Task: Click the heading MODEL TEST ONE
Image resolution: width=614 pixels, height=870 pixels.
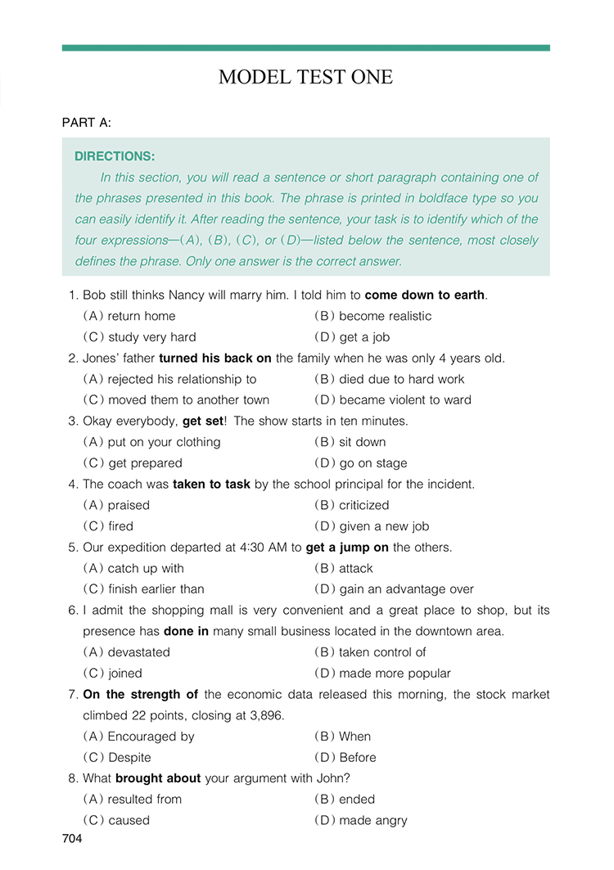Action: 305,78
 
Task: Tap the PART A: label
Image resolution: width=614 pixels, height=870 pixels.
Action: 86,123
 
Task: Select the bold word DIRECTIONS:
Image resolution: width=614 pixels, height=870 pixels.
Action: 115,156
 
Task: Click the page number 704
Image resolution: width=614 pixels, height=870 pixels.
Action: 72,839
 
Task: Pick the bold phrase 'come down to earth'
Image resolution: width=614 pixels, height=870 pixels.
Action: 425,295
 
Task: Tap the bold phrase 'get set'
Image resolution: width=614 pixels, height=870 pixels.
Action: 202,421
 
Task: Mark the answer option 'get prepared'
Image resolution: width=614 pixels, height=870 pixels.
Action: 145,463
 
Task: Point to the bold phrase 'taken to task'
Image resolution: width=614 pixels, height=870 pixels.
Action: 211,485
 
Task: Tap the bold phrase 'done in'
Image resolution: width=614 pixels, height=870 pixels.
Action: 187,631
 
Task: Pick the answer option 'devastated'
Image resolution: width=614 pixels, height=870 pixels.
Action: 138,652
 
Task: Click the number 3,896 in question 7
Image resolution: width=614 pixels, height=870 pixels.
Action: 264,715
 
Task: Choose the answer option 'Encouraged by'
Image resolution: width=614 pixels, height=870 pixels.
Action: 151,737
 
